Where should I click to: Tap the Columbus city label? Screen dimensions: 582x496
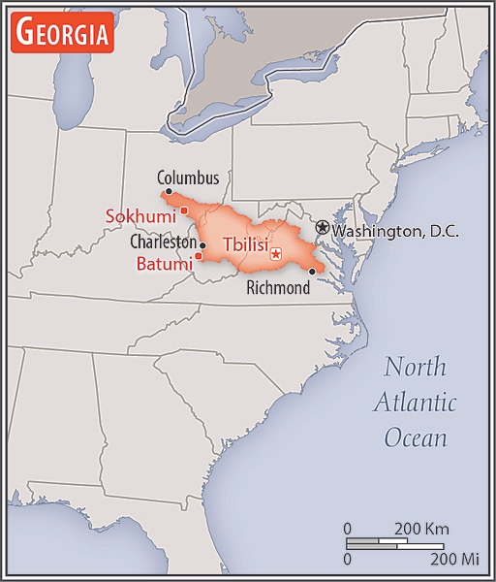[x=188, y=178]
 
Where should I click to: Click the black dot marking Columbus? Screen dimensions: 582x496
[x=169, y=192]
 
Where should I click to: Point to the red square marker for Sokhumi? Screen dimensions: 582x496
[x=184, y=210]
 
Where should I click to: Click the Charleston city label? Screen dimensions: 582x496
[x=163, y=242]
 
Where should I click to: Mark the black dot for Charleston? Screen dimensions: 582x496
[x=202, y=245]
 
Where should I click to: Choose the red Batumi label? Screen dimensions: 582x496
[x=164, y=263]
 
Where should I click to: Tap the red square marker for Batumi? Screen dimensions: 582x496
[x=199, y=256]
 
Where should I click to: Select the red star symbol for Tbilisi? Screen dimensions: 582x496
[x=276, y=254]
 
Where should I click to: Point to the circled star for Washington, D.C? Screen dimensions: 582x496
[x=322, y=227]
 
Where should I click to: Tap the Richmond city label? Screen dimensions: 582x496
[x=278, y=288]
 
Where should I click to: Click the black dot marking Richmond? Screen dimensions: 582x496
[x=311, y=272]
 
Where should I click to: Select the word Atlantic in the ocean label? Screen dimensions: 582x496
[x=417, y=403]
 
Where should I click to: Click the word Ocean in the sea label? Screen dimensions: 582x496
[x=416, y=437]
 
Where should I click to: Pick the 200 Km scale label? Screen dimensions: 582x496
[x=420, y=529]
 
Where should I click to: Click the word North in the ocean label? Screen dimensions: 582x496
[x=415, y=368]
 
